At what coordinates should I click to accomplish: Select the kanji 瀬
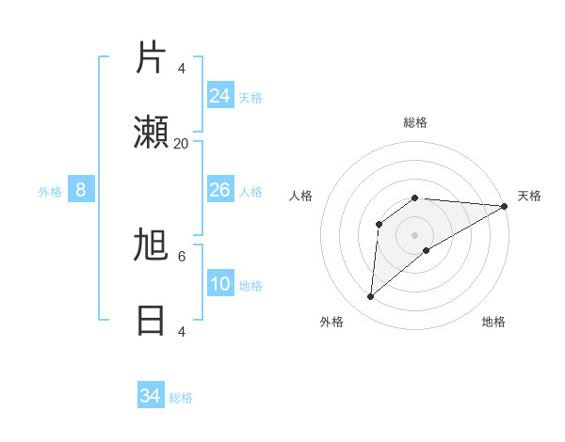151,134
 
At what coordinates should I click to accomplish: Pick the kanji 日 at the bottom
151,321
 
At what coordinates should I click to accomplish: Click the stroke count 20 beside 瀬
181,143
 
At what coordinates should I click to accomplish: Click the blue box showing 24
220,95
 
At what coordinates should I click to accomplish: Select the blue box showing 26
220,190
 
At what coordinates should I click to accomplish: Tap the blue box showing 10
220,284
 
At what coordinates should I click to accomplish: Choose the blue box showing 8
81,190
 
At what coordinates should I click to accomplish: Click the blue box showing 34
150,396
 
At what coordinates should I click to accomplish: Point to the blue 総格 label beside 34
181,398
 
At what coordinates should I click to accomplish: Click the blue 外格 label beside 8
50,192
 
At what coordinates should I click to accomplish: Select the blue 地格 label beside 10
250,286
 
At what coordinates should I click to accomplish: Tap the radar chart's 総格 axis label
415,123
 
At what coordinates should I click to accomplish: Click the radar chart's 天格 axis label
529,196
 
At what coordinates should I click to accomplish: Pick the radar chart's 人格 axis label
300,196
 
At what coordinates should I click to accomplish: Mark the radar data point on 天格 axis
504,206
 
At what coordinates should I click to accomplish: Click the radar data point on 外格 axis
370,297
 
